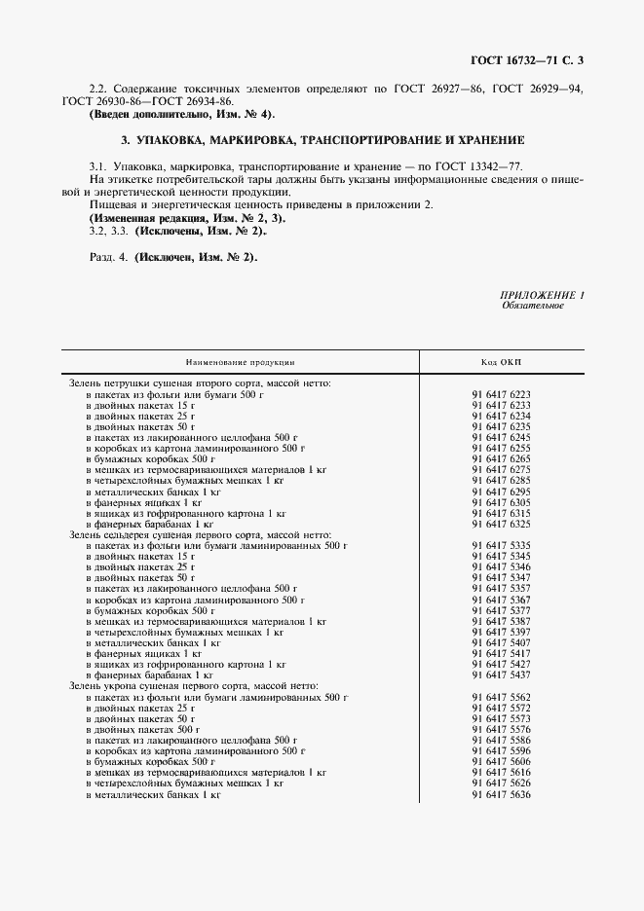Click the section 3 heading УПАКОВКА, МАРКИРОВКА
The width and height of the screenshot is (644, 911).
tap(322, 140)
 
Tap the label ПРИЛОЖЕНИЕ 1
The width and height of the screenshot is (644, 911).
tap(543, 295)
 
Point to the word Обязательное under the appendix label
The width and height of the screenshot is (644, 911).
tap(532, 306)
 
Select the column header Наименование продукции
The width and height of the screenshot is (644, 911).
tap(240, 361)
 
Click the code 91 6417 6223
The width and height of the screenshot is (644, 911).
tap(501, 394)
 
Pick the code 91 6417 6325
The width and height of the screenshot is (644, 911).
tap(501, 524)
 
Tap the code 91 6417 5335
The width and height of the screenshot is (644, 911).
tap(501, 546)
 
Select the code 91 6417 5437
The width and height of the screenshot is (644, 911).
tap(501, 674)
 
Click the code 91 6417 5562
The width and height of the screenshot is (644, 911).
tap(501, 697)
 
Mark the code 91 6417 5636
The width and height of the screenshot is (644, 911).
tap(501, 794)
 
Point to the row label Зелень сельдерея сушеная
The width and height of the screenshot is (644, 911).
tap(200, 535)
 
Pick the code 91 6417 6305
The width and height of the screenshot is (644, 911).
tap(501, 502)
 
